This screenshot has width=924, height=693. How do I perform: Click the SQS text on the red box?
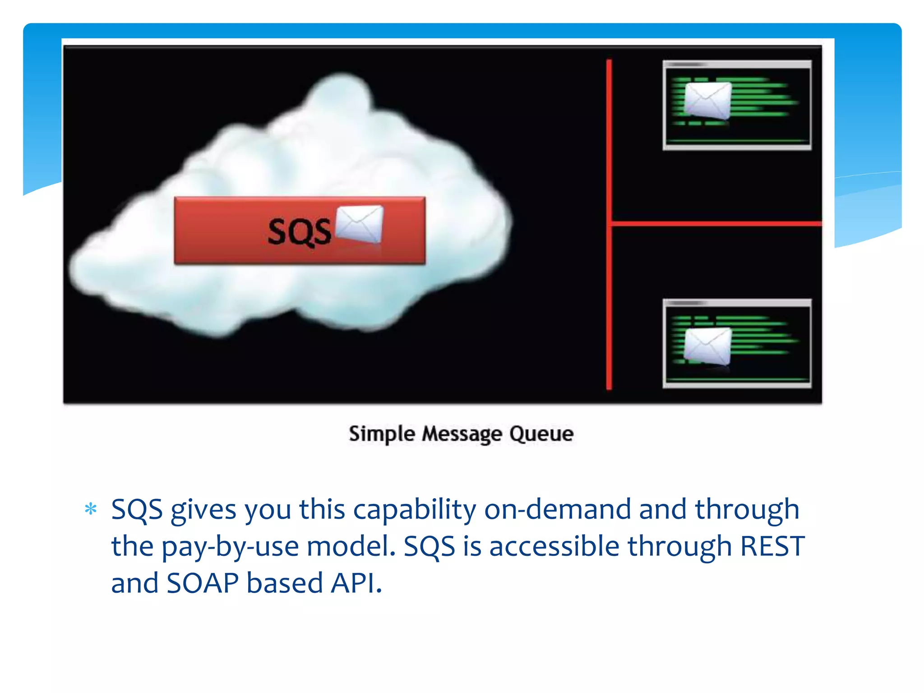tap(299, 232)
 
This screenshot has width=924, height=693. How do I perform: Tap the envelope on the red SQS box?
tap(360, 224)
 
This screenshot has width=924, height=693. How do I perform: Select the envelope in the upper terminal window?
tap(707, 100)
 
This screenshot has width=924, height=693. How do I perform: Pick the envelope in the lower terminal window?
tap(707, 346)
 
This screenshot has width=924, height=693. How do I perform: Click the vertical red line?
tap(609, 135)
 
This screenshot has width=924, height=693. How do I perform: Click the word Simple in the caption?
tap(382, 434)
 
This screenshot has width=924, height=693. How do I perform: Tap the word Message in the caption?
tap(462, 434)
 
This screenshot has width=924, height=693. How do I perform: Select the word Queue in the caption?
tap(541, 434)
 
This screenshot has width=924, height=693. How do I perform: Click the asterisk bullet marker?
tap(91, 509)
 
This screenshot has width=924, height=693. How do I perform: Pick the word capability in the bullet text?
tap(414, 510)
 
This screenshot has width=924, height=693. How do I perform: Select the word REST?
tap(772, 546)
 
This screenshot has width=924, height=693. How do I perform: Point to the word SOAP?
tap(203, 583)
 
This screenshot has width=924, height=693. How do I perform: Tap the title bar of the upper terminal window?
tap(737, 65)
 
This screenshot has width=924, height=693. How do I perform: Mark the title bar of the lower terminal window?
tap(737, 303)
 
